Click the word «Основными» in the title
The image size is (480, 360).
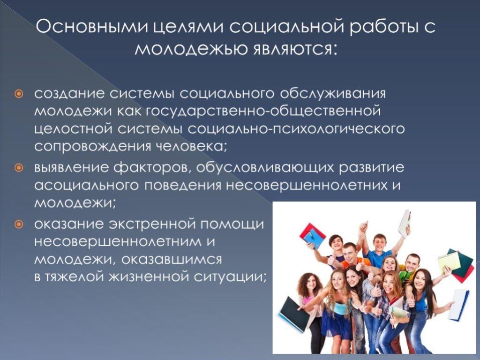92,27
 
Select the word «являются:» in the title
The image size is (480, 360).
295,49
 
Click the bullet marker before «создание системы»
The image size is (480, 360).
19,93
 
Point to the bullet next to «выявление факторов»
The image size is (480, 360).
19,168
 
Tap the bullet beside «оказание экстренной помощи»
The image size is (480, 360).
19,225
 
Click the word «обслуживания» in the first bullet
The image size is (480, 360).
333,94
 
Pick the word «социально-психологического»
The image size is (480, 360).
296,129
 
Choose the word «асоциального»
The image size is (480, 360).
86,186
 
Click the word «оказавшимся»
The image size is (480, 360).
172,260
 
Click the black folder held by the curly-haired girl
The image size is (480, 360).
294,315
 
